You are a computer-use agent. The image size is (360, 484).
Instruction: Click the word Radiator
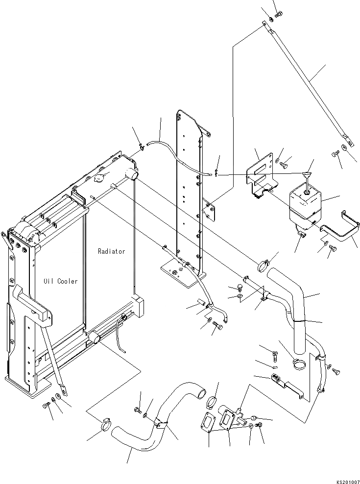[x=111, y=251]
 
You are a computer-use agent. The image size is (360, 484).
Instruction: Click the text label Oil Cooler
[x=60, y=281]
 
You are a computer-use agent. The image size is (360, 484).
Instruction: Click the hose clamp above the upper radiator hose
[x=263, y=266]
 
